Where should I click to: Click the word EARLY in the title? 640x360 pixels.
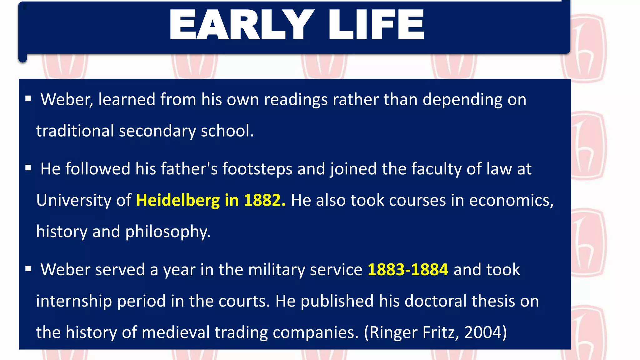(x=242, y=25)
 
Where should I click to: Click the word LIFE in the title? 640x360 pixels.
(x=376, y=25)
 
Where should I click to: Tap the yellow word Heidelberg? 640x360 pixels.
(x=178, y=200)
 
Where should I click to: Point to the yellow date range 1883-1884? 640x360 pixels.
(x=408, y=269)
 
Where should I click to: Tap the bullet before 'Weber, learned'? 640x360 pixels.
(x=28, y=99)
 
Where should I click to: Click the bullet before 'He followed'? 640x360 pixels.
(x=28, y=168)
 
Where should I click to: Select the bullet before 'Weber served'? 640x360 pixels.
(x=28, y=269)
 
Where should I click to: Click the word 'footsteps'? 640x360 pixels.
(x=257, y=169)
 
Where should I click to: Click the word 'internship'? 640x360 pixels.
(x=74, y=301)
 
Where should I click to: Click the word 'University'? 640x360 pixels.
(x=73, y=200)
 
